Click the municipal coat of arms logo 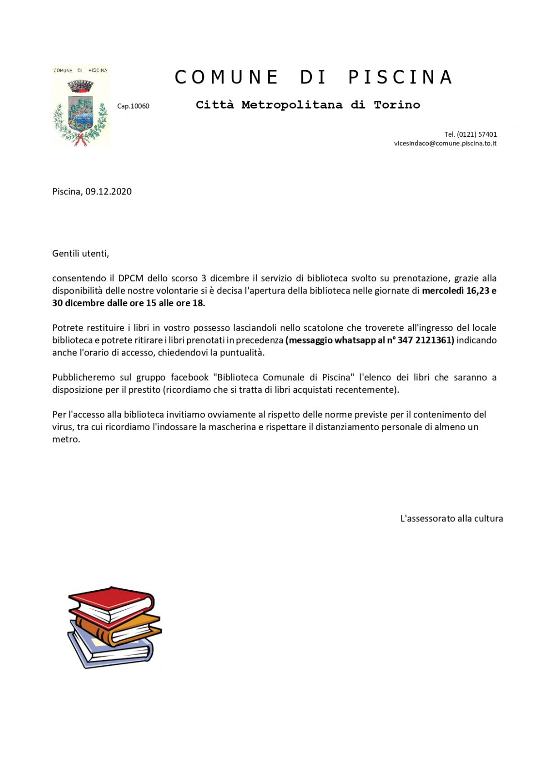click(81, 106)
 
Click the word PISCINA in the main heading click(400, 78)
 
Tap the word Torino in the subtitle click(397, 105)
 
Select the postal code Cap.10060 click(133, 106)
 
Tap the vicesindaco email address click(445, 143)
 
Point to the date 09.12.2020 click(109, 192)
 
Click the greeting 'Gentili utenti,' click(81, 253)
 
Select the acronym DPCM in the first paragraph click(130, 278)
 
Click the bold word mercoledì click(442, 291)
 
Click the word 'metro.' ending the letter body click(66, 439)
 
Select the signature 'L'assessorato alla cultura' click(451, 518)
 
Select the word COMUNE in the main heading click(226, 78)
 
